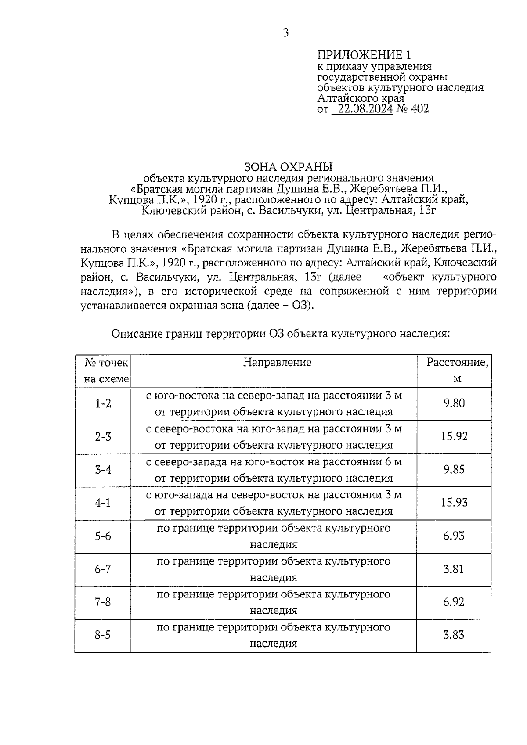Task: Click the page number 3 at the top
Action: click(286, 33)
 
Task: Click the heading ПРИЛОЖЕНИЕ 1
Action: click(365, 55)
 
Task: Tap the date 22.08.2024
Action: click(362, 108)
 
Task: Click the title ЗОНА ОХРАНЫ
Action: click(288, 167)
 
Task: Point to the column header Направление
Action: click(277, 362)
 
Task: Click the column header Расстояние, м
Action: click(457, 370)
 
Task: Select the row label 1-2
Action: click(103, 403)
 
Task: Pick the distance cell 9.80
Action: click(454, 403)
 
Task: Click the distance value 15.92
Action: click(454, 436)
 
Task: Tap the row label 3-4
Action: click(103, 470)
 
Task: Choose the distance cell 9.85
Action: click(454, 470)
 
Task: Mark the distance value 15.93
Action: click(454, 502)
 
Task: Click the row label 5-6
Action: click(103, 536)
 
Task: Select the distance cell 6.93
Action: click(454, 536)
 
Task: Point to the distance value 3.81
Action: click(454, 569)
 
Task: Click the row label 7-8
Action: click(103, 602)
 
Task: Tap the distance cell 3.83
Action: click(454, 635)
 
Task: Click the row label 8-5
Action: click(103, 635)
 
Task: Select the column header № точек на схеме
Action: click(106, 371)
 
